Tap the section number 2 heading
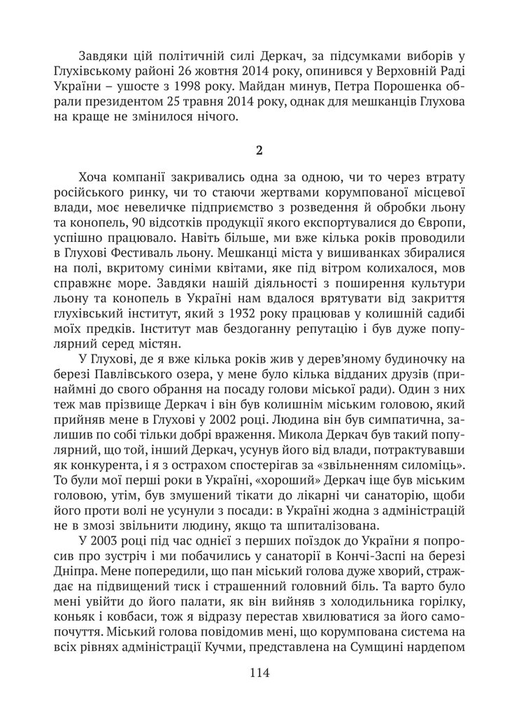(x=259, y=151)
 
